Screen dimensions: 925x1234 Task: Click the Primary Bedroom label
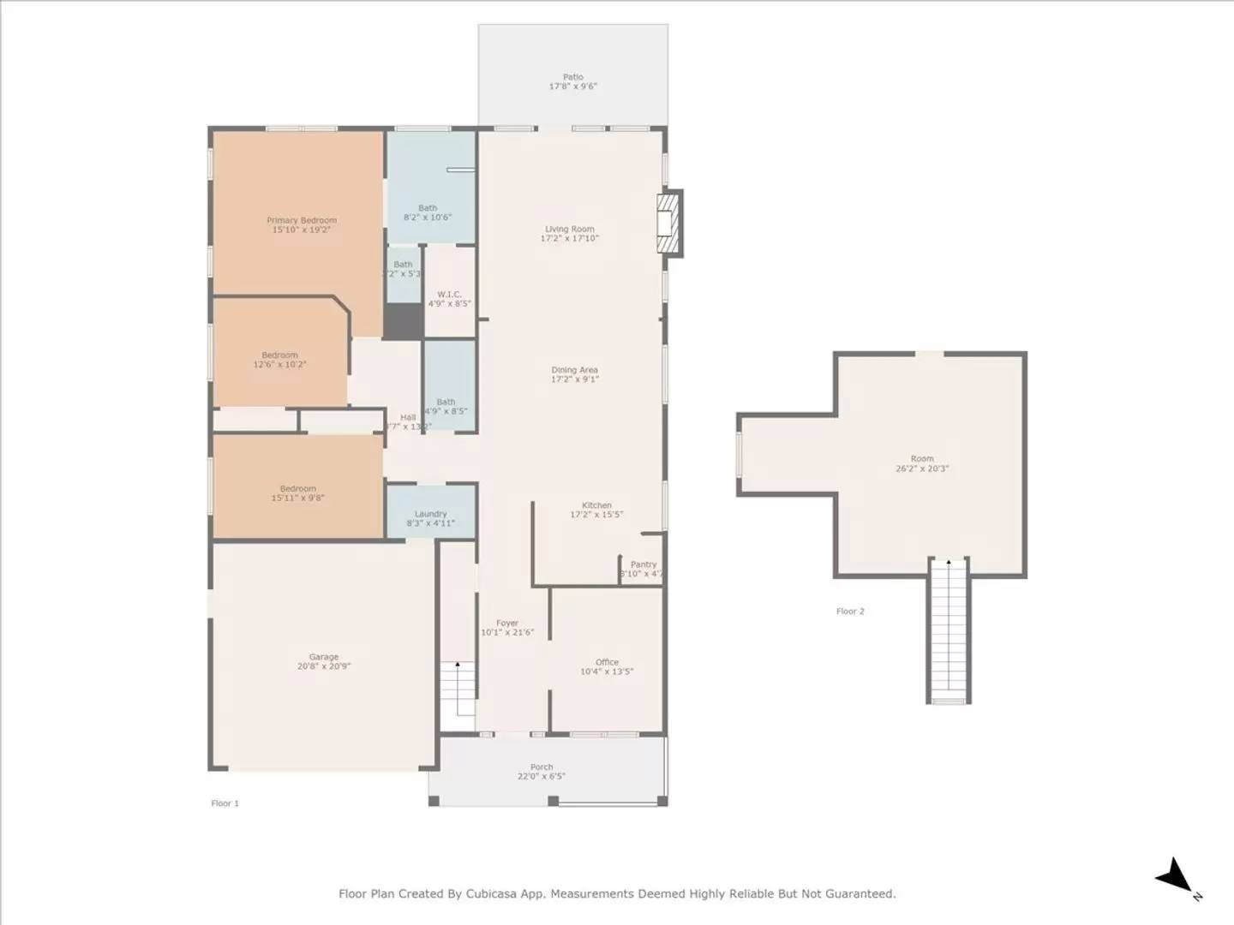[302, 220]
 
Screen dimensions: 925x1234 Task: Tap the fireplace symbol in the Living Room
[668, 223]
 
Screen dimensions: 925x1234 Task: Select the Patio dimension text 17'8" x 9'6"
[572, 87]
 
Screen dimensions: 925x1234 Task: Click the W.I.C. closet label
[449, 295]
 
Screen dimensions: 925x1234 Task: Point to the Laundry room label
[430, 514]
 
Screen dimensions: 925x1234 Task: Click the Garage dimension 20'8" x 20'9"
[324, 666]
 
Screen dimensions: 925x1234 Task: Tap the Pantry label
[643, 564]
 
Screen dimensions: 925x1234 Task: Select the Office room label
[607, 662]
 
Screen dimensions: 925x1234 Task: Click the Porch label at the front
[542, 767]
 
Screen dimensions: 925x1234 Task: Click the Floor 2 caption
[850, 612]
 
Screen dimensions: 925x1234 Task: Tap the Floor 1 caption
[225, 803]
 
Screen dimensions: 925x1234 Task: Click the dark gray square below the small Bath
[402, 321]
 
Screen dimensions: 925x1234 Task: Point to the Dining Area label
[574, 370]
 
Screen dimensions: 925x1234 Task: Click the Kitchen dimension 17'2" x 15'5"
[596, 515]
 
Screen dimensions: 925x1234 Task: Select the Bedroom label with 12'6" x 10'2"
[279, 355]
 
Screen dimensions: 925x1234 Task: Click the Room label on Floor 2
[922, 459]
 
